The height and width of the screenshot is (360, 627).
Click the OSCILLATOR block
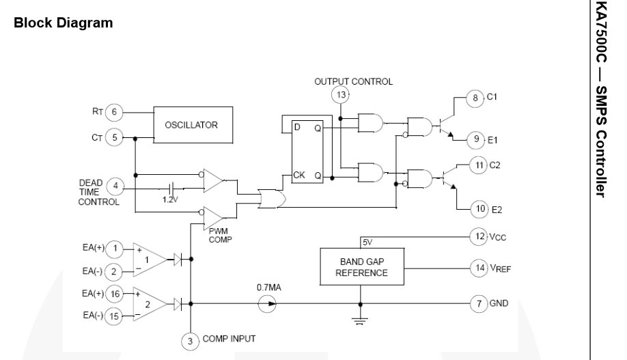pyautogui.click(x=193, y=124)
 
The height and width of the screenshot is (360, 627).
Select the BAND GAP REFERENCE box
pyautogui.click(x=361, y=267)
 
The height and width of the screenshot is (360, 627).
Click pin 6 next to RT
pyautogui.click(x=115, y=111)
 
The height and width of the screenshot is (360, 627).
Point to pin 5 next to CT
pyautogui.click(x=115, y=137)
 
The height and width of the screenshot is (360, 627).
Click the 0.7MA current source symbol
pyautogui.click(x=267, y=304)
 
